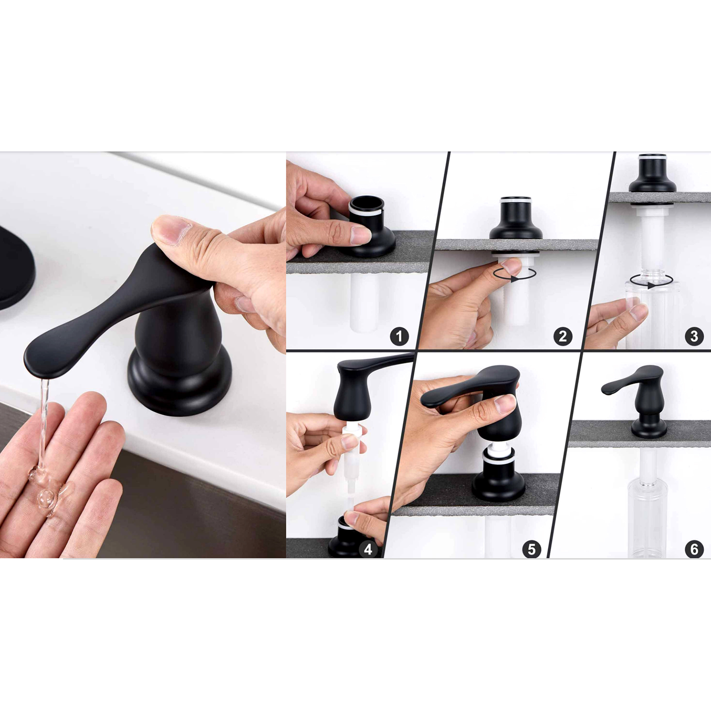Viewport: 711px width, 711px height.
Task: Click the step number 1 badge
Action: pos(399,336)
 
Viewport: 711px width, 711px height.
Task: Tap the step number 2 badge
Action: pos(563,336)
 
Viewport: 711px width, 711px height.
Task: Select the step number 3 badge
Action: pos(694,336)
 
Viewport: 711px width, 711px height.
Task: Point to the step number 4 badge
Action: pos(368,549)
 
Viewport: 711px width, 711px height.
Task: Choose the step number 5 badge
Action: pos(531,549)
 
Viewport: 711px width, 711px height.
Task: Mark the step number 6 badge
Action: pos(694,549)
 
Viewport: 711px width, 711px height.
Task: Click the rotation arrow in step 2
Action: pos(515,274)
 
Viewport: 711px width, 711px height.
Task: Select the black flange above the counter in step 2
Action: pos(516,218)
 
